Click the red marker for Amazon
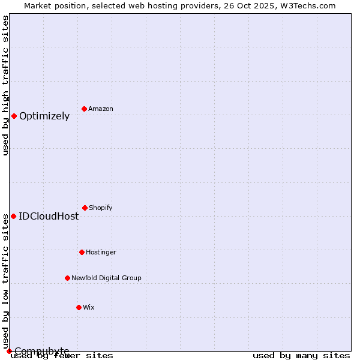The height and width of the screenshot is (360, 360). coord(84,109)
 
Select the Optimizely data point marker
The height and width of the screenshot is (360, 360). coord(14,116)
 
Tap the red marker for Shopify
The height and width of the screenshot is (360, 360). coord(85,208)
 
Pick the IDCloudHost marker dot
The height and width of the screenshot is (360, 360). coord(13,216)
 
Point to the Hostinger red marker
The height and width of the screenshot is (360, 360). coord(82,252)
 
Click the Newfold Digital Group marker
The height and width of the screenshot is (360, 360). coord(67,278)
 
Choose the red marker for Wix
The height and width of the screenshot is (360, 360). coord(79,307)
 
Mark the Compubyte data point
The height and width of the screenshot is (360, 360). coord(9,351)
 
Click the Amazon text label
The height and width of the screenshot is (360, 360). coord(101,109)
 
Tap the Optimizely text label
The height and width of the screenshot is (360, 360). coord(44,116)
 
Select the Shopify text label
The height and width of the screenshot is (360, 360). coord(101,208)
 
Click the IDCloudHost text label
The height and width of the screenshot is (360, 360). coord(49,217)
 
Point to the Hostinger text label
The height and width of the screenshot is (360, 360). coord(101,253)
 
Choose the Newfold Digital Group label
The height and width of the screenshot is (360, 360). coord(106,278)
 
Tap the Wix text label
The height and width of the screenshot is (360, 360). coord(89,308)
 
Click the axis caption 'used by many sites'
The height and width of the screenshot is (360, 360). coord(301,356)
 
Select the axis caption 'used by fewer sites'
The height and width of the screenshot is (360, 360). coord(62,356)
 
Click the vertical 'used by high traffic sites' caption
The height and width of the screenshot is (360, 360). coord(5,85)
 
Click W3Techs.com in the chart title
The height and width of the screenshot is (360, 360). coord(307,5)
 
